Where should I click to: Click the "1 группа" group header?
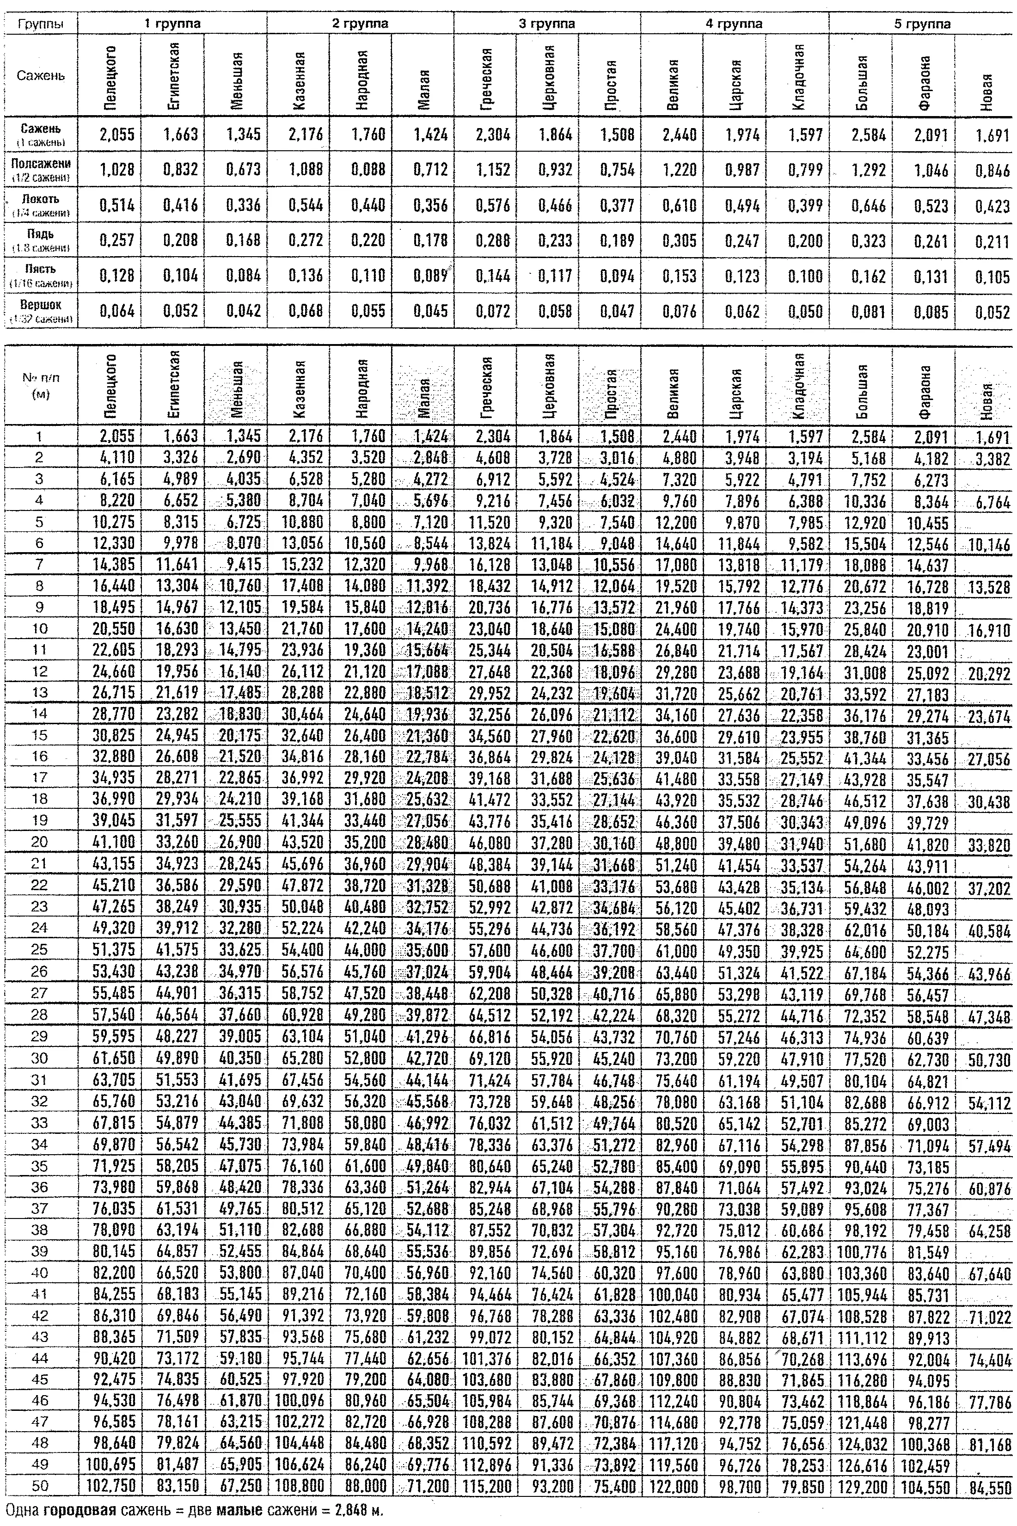(172, 24)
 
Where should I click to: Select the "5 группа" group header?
(922, 24)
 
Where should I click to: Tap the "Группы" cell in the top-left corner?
(40, 25)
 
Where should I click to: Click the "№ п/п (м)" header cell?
(40, 385)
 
